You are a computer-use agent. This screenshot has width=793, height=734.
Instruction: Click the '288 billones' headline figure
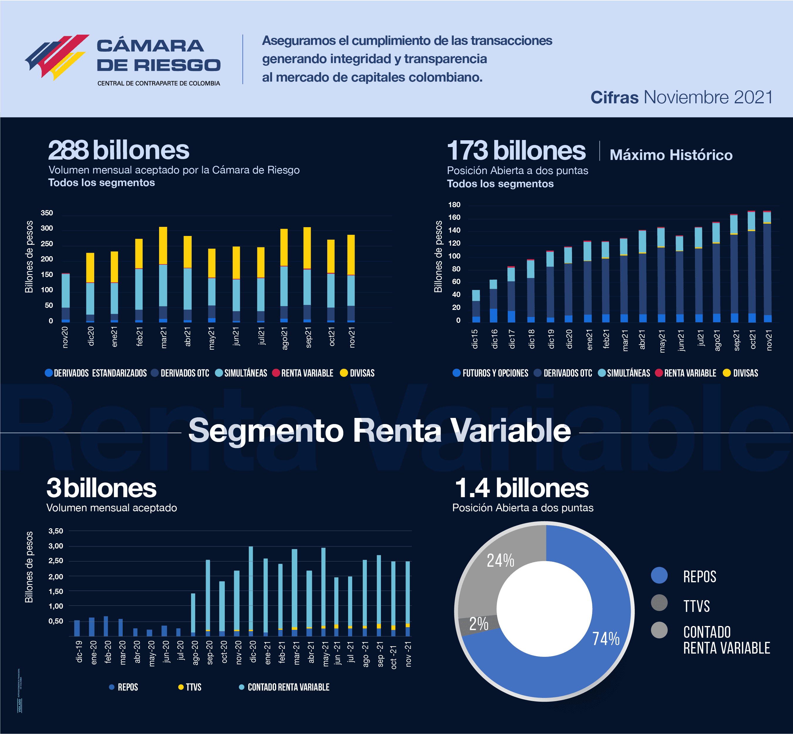click(x=118, y=150)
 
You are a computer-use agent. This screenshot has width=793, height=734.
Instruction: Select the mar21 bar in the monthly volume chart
click(x=163, y=274)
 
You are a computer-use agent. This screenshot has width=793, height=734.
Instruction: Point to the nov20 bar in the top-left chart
click(x=65, y=297)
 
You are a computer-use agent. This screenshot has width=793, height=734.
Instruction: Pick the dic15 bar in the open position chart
click(x=476, y=306)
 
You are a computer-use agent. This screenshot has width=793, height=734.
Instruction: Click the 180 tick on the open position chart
click(x=454, y=205)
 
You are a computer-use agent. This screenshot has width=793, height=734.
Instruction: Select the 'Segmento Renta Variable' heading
click(x=379, y=431)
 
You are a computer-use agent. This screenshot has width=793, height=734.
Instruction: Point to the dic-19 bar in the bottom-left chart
click(x=77, y=628)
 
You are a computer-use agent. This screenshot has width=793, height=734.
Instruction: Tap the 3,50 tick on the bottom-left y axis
click(x=55, y=531)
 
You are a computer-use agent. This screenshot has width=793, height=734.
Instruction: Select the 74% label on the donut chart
click(x=605, y=639)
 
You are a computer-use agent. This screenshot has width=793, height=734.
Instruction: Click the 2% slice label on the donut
click(x=478, y=624)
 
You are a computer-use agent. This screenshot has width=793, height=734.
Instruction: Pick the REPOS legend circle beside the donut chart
click(x=659, y=576)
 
